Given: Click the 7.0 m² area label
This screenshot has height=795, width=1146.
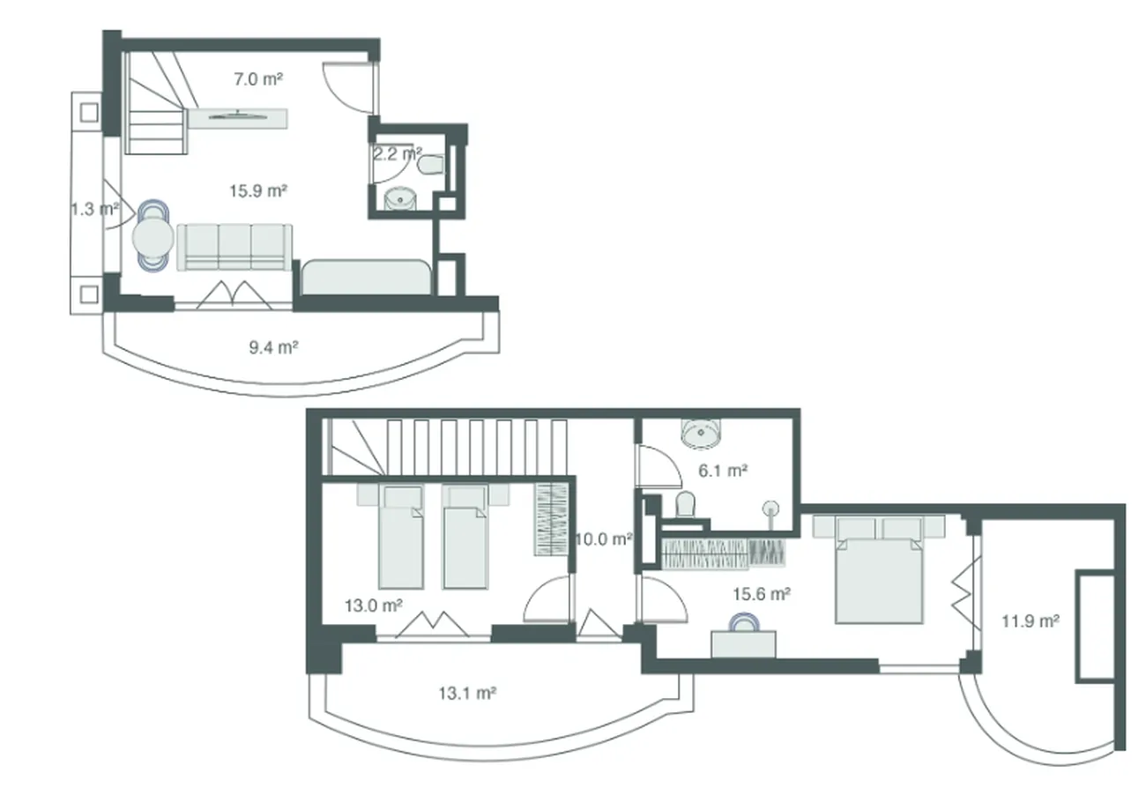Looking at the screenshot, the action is point(258,79).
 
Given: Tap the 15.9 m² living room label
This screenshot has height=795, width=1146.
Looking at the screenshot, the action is point(257,191).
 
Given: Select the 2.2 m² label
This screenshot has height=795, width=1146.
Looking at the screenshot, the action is point(398,153).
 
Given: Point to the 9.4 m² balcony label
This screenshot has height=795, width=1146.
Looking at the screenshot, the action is point(273,347).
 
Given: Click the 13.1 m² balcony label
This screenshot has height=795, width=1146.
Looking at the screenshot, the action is point(467,693).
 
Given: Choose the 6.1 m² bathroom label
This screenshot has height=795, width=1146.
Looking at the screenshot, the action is point(723,470).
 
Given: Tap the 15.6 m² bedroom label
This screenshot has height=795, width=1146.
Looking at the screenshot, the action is point(762,594).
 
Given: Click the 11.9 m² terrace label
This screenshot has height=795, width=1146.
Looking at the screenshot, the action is point(1031,621).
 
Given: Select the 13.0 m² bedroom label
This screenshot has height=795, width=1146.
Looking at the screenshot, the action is point(374,606).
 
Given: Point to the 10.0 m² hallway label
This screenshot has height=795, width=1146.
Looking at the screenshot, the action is point(604,539).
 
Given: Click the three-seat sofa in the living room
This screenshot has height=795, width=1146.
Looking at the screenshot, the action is point(234,247).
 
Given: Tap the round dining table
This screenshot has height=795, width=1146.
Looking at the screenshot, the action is point(153,236).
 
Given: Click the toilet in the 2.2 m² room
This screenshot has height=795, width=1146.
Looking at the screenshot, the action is point(430,165).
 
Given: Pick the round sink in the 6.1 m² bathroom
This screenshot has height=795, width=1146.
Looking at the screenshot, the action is point(701,435).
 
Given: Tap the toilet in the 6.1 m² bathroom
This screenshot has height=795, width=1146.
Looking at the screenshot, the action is point(685,504).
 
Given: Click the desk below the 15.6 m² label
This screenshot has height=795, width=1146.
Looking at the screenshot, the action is point(743,644).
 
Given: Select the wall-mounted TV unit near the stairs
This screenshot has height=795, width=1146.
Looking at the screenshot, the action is point(238,118).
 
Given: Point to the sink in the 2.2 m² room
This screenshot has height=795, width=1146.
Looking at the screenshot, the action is point(400,198).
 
